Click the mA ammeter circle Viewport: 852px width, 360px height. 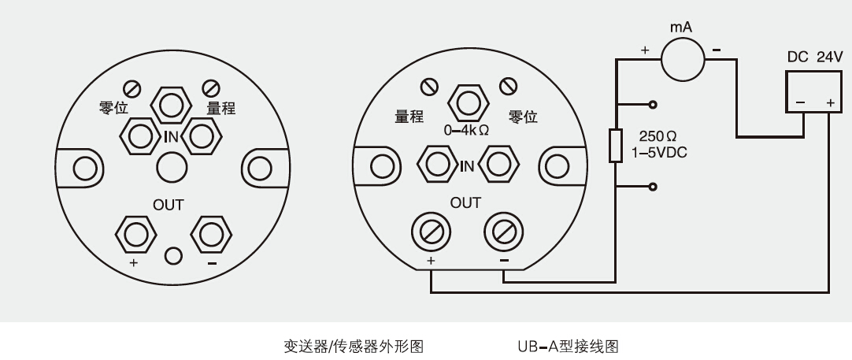click(x=683, y=59)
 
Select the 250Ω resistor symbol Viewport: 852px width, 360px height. click(x=615, y=146)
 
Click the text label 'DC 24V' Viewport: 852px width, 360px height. click(x=815, y=57)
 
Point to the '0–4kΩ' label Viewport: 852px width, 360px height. click(x=467, y=131)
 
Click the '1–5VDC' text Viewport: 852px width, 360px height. click(x=659, y=153)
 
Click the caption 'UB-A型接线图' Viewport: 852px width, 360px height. click(x=568, y=346)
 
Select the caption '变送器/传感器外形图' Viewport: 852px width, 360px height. click(x=354, y=346)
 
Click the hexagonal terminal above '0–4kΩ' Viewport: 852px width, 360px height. click(x=467, y=102)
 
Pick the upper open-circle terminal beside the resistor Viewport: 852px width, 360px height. click(x=653, y=105)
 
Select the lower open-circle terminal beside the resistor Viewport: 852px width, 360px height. click(x=653, y=187)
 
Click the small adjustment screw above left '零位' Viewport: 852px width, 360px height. click(x=132, y=87)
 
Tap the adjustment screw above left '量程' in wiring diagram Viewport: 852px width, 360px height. click(x=429, y=87)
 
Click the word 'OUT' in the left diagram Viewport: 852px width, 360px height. click(x=169, y=205)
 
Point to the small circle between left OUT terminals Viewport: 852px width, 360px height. click(x=173, y=255)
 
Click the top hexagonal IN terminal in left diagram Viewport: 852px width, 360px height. click(x=171, y=106)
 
